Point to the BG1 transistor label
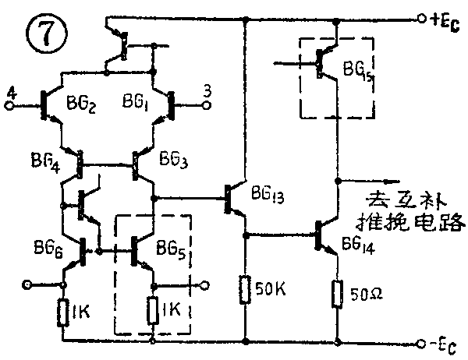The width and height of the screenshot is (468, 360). pyautogui.click(x=137, y=103)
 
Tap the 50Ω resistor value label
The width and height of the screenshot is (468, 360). pyautogui.click(x=366, y=295)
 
